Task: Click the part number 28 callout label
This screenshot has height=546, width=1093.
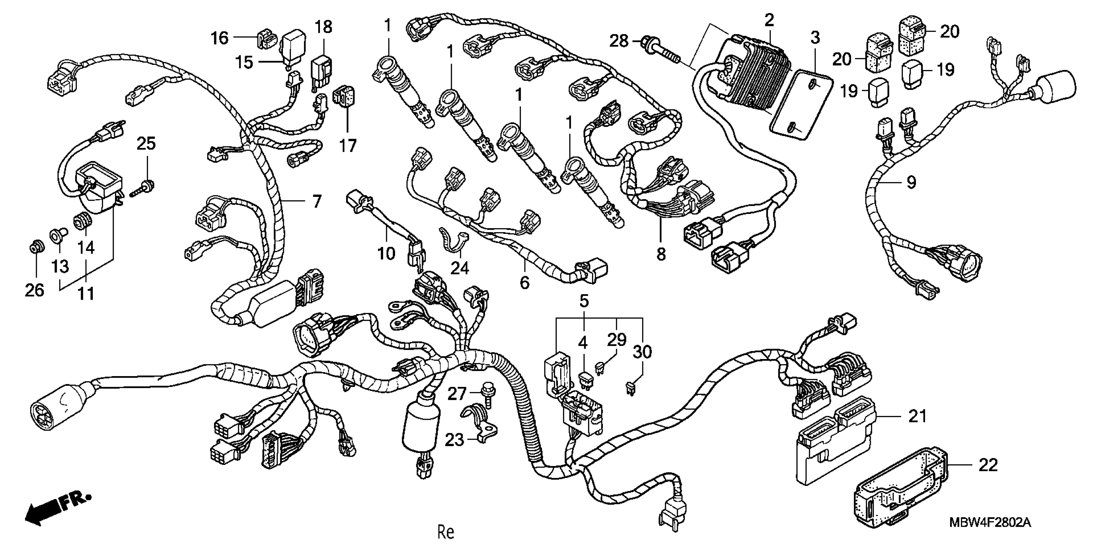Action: coord(619,41)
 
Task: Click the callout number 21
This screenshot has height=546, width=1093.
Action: coord(918,417)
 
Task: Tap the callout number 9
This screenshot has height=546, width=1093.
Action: coord(911,182)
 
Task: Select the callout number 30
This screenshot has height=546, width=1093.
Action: coord(642,352)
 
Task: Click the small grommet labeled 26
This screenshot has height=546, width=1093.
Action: coord(35,247)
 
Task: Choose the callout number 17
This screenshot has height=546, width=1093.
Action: coord(347,145)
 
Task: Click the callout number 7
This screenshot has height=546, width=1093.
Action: coord(316,201)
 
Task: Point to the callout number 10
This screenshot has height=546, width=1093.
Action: coord(386,254)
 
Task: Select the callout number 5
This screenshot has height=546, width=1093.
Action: coord(584,301)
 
